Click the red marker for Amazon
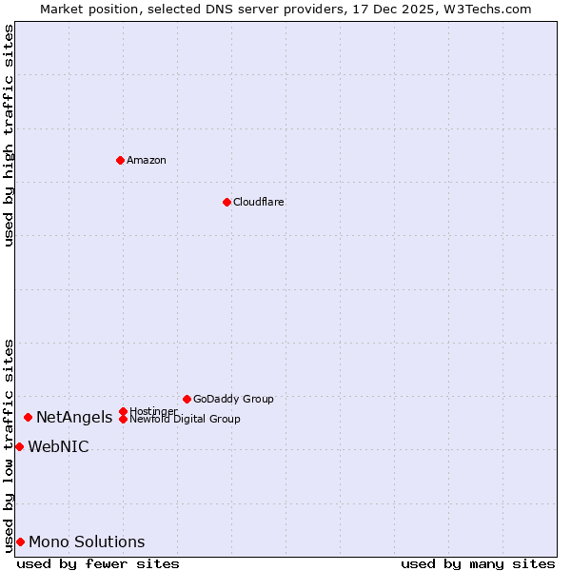click(x=120, y=160)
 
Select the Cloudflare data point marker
click(x=226, y=202)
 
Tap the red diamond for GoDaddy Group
click(x=187, y=399)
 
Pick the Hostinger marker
click(x=123, y=411)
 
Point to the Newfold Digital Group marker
click(x=123, y=419)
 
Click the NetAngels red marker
click(x=29, y=417)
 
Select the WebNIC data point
click(x=19, y=446)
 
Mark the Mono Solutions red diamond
click(x=20, y=541)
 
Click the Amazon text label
click(x=147, y=160)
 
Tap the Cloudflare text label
click(x=259, y=202)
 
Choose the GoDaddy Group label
click(x=233, y=399)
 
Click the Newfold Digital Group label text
click(x=186, y=420)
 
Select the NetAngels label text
click(x=74, y=417)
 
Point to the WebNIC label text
click(x=59, y=447)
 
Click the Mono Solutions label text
click(x=87, y=542)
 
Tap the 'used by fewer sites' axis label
click(x=98, y=563)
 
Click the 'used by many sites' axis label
click(x=478, y=563)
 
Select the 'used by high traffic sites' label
click(x=9, y=135)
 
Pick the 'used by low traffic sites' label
click(x=9, y=445)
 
